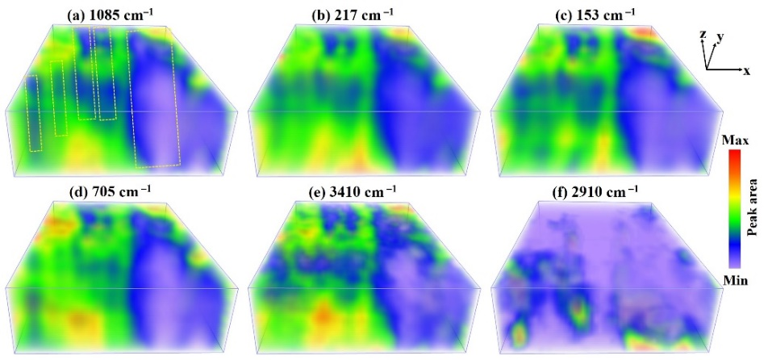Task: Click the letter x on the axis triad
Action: (x=746, y=72)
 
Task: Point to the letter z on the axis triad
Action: (x=703, y=34)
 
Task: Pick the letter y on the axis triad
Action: (x=720, y=37)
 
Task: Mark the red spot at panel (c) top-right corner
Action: (x=644, y=31)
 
